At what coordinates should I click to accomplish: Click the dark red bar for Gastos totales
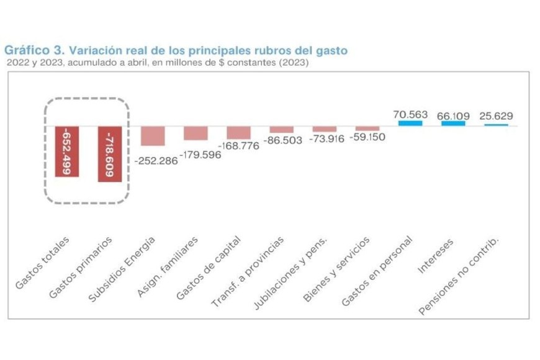(x=66, y=151)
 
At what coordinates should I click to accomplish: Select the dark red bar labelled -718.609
(x=109, y=154)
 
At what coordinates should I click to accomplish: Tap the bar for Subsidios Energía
(x=152, y=136)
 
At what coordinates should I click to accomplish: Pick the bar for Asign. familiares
(x=196, y=133)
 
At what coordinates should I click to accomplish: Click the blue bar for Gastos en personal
(x=410, y=124)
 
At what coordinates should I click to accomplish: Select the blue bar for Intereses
(x=453, y=124)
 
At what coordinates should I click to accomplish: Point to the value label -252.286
(x=156, y=160)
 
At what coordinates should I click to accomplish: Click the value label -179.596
(x=200, y=153)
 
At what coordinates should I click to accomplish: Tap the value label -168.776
(x=239, y=146)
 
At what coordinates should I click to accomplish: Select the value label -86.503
(x=282, y=141)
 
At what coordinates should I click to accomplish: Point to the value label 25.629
(x=496, y=116)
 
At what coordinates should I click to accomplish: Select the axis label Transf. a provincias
(x=248, y=272)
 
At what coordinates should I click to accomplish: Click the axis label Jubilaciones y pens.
(x=290, y=274)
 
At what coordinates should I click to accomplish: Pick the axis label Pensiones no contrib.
(x=460, y=276)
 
